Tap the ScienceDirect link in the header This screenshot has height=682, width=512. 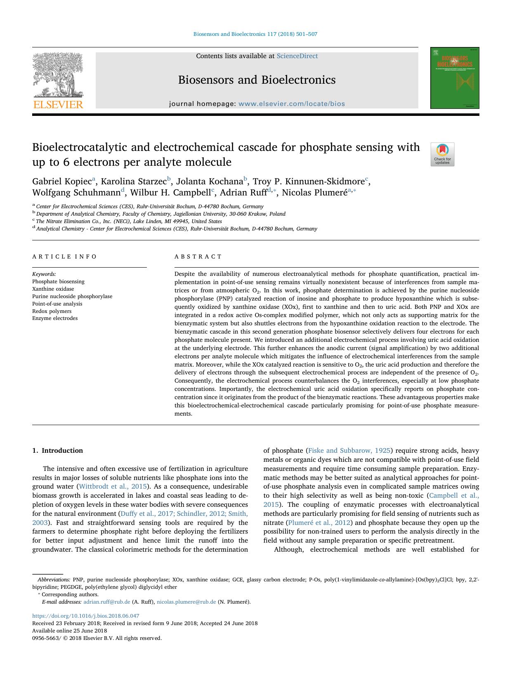297,56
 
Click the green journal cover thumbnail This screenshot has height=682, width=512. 455,78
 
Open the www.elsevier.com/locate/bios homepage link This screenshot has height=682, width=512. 292,104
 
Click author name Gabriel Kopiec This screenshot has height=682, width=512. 62,182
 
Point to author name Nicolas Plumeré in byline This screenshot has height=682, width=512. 314,193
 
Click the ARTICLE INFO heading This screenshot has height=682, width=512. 64,256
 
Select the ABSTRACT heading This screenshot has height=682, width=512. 198,256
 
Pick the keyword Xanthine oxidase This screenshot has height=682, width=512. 53,289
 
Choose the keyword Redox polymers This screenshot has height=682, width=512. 52,311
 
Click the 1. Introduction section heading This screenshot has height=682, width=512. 57,451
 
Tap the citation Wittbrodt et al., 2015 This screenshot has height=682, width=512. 113,487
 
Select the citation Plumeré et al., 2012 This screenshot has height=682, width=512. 319,523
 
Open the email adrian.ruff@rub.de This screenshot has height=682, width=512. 107,602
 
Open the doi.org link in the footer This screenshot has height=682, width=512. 86,616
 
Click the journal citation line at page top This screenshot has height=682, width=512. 255,34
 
